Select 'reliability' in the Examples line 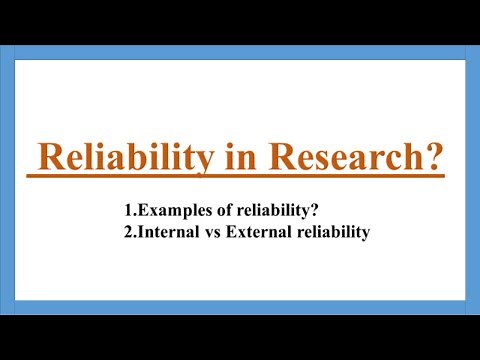(265, 211)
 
